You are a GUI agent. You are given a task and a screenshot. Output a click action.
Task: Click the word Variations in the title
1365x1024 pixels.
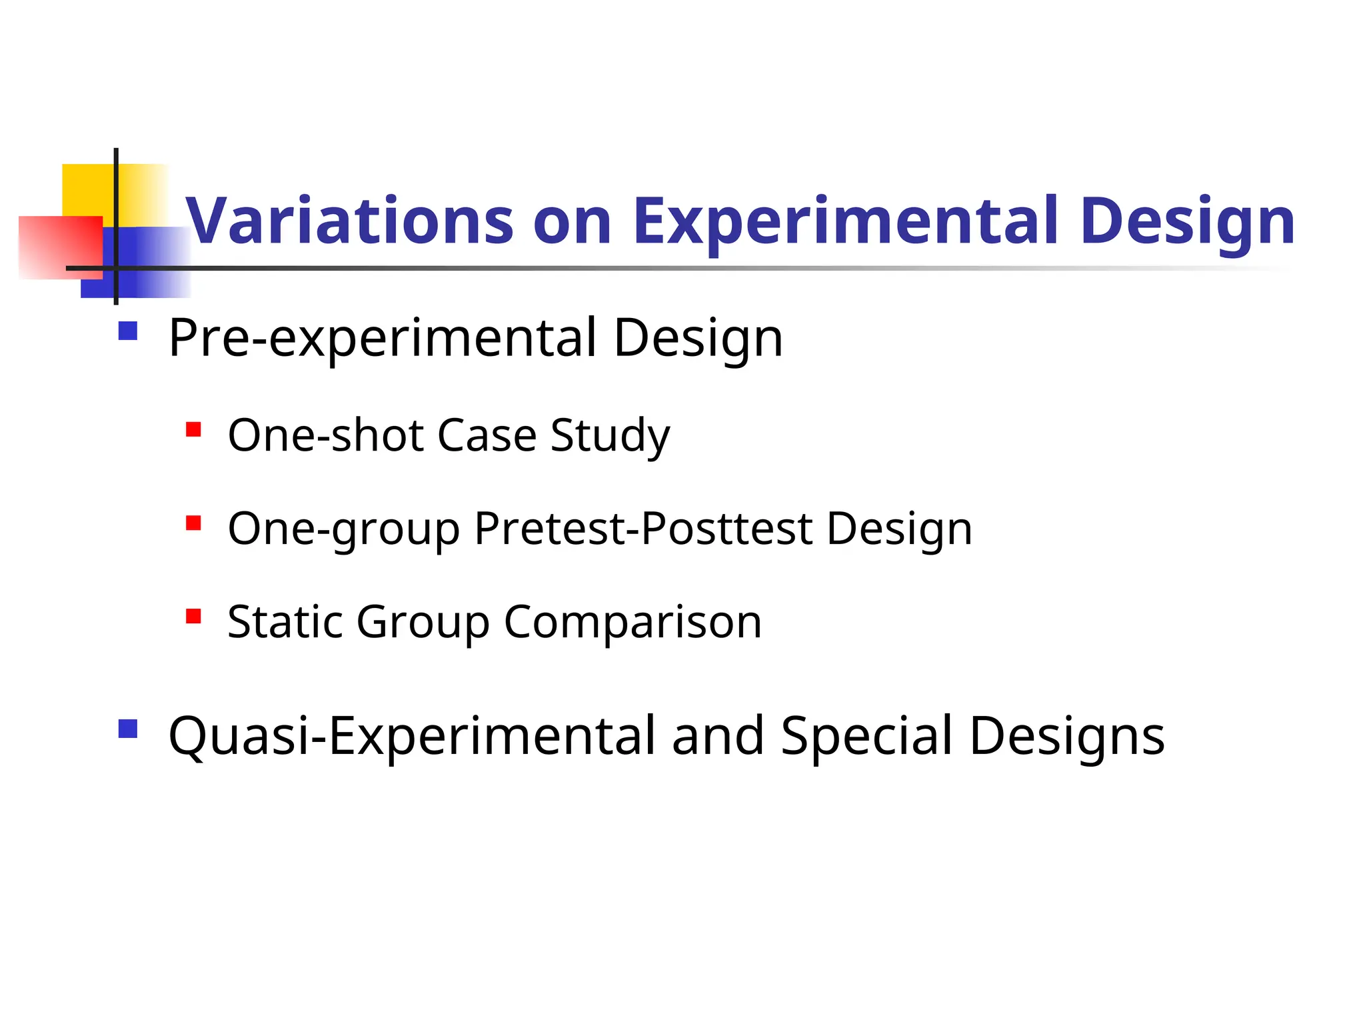point(349,221)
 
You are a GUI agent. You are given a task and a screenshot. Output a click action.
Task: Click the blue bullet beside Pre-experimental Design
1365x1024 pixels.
point(127,331)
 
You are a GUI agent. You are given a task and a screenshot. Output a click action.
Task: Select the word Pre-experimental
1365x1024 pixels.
point(383,338)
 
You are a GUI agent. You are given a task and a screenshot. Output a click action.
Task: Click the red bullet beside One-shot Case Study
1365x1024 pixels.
point(193,429)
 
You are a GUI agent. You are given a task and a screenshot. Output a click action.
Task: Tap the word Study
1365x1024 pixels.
point(610,435)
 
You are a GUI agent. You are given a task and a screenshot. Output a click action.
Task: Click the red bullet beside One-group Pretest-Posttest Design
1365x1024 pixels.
point(193,523)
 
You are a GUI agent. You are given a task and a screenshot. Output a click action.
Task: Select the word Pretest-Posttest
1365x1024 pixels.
point(643,529)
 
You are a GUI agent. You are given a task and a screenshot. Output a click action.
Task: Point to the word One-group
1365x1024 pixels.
point(344,529)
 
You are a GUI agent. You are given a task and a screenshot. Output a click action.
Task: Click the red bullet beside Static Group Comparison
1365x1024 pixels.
point(193,616)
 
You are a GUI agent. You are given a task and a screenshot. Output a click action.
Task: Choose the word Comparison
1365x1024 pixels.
point(633,622)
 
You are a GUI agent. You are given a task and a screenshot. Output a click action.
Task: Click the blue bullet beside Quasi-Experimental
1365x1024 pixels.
point(127,729)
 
